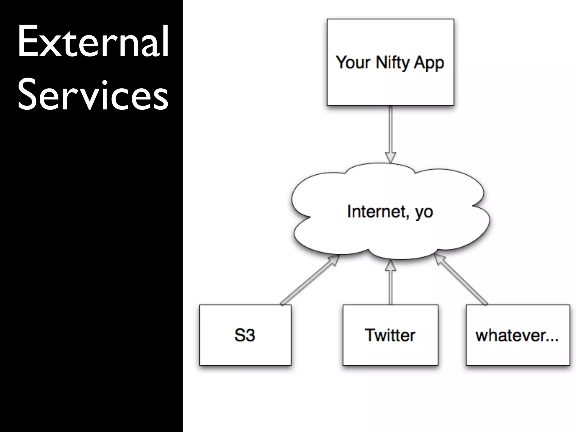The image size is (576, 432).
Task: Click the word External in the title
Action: point(93,42)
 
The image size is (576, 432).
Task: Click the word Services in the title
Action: point(93,95)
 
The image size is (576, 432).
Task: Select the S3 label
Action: point(245,335)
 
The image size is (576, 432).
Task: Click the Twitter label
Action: point(390,335)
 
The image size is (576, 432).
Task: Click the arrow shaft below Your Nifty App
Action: point(390,129)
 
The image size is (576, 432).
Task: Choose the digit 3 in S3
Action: point(250,335)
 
